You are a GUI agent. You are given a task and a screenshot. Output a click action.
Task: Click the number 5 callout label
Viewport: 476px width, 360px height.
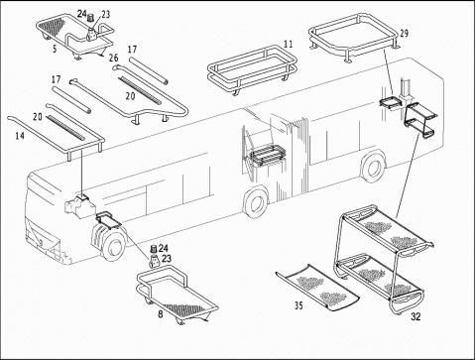pos(55,49)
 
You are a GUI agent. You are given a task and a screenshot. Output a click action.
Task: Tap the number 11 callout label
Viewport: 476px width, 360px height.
pos(289,44)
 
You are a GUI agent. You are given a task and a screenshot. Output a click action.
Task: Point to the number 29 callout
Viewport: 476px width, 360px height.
pos(404,34)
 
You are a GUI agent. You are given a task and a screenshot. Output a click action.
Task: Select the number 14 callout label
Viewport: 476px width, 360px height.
pos(20,136)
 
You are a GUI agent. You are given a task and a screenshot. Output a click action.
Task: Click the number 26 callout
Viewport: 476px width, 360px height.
pos(113,58)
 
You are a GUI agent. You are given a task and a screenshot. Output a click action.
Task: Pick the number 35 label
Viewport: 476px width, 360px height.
pos(298,305)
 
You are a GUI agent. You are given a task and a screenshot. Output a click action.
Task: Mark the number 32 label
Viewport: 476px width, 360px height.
pos(416,316)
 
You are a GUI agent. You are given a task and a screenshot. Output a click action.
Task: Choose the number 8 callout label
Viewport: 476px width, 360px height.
pos(161,313)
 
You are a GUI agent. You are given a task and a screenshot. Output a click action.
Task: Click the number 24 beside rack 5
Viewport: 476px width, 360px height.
pos(81,14)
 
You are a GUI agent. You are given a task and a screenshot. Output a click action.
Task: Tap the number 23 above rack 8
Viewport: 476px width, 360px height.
pos(167,258)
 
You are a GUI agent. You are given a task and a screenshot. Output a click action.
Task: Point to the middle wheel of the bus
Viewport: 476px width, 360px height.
pos(256,202)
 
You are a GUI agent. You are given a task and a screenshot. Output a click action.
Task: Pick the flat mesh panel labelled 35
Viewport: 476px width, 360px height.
pos(317,288)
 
